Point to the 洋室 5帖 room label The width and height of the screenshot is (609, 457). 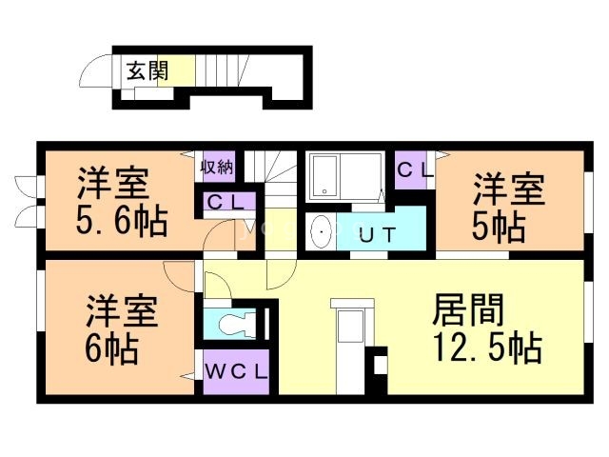[x=508, y=205]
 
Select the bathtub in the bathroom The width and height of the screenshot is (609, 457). [x=327, y=176]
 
